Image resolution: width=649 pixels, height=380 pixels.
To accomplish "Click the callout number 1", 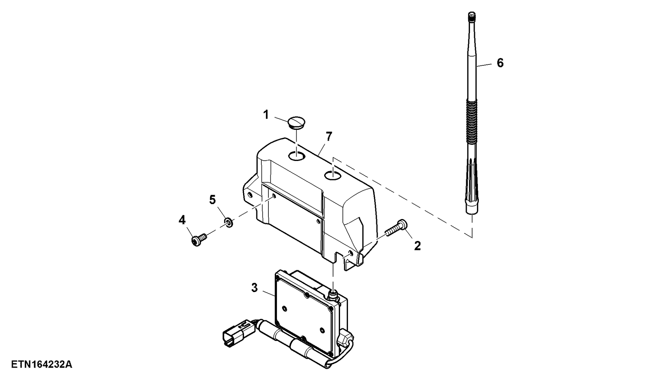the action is [266, 115].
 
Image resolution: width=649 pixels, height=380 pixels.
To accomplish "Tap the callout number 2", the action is [417, 246].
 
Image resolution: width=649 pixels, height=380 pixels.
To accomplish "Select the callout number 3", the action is [254, 288].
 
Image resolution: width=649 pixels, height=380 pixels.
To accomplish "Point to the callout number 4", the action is [182, 220].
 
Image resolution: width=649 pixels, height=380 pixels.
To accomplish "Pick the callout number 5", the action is [212, 200].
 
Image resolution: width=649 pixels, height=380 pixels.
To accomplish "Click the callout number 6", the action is [500, 63].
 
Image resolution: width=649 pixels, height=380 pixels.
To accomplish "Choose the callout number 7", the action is [329, 137].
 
